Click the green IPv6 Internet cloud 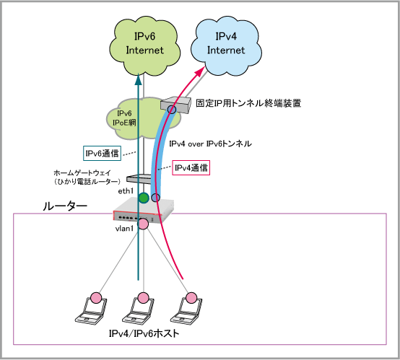coord(144,45)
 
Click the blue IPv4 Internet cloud coord(226,45)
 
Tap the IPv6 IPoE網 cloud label coord(124,118)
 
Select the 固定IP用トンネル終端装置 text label coord(248,103)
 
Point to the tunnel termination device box coord(175,105)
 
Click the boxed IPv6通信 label coord(102,153)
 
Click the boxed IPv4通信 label coord(191,168)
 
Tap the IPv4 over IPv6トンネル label coord(210,144)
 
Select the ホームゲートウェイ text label coord(82,173)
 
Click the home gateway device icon coord(139,178)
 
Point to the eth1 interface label coord(126,191)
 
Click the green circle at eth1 coord(144,198)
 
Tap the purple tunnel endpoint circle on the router coord(156,198)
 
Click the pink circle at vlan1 coord(143,224)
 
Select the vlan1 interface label coord(124,229)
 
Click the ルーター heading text coord(65,206)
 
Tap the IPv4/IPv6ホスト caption coord(144,333)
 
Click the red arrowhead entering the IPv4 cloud coord(200,71)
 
